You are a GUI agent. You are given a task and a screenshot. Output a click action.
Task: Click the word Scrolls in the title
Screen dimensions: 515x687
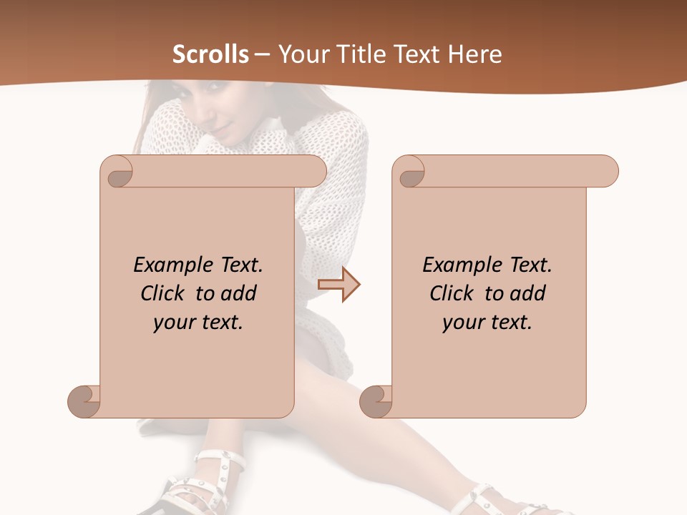[211, 54]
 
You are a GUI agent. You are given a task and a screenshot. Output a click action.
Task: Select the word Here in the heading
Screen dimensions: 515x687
[474, 54]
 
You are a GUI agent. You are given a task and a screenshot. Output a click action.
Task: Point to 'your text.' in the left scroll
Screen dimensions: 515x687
[198, 323]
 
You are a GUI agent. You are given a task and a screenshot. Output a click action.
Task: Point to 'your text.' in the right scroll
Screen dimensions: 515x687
[487, 323]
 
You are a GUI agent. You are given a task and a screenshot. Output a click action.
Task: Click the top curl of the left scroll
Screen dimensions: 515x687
[117, 172]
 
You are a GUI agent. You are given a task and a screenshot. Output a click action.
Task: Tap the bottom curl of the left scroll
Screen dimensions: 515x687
[84, 401]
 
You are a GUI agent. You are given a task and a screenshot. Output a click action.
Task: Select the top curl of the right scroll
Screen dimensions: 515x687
[409, 172]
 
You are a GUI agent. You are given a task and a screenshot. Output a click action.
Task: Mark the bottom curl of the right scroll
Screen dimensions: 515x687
[376, 401]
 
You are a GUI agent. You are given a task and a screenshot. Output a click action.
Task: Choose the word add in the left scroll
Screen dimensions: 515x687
[239, 293]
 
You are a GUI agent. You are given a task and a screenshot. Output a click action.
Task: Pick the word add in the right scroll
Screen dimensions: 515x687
[528, 293]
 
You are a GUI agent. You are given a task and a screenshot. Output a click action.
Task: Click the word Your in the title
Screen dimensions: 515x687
[301, 54]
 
